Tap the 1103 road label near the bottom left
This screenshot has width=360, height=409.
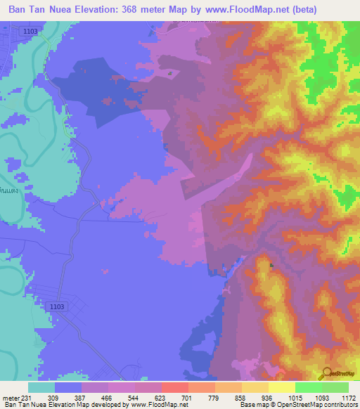tap(58, 306)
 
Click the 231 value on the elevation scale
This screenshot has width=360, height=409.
tap(26, 397)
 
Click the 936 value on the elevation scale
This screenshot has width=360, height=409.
tap(268, 397)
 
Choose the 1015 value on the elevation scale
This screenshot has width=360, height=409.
tap(294, 397)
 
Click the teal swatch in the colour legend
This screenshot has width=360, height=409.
tap(41, 387)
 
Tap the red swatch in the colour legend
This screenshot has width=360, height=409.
tap(174, 387)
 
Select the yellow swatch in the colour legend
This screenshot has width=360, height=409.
tap(281, 387)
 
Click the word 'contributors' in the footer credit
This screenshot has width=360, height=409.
tap(340, 405)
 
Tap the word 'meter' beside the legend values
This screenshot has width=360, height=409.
tap(10, 397)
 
